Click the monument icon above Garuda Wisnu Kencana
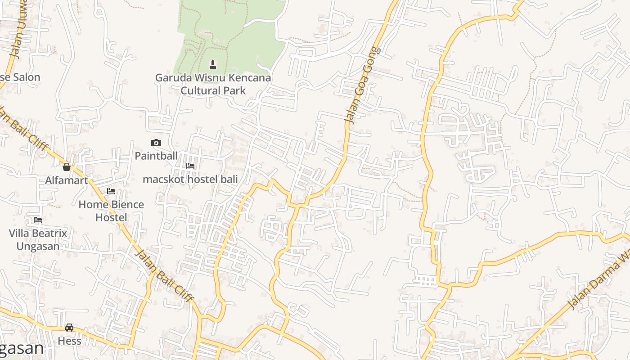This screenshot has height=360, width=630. (213, 65)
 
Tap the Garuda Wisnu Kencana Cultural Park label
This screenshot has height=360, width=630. (213, 84)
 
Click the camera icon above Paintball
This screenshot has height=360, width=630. (156, 143)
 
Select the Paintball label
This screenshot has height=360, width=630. (156, 156)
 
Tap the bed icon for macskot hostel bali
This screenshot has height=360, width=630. (190, 166)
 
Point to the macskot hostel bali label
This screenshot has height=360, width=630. (190, 179)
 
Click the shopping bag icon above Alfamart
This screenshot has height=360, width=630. (67, 167)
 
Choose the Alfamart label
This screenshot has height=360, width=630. (67, 180)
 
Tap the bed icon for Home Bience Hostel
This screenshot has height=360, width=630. (111, 192)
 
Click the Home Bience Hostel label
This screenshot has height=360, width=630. (111, 211)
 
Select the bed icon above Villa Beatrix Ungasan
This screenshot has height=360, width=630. (38, 220)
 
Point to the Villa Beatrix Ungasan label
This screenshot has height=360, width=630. (38, 239)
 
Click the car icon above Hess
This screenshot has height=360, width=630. (69, 328)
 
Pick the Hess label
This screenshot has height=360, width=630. (69, 341)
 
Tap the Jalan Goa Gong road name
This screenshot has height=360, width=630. (363, 85)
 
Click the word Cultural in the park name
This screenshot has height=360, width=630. (197, 90)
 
